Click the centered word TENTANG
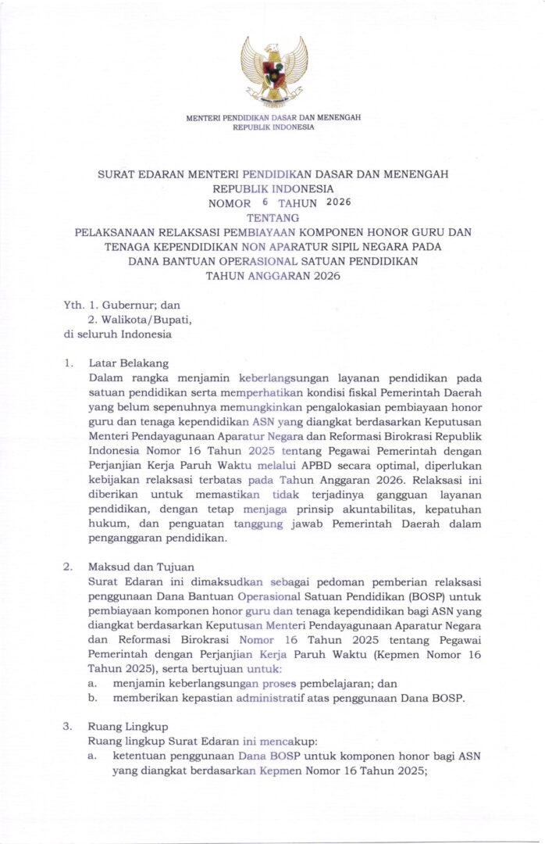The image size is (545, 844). [272, 217]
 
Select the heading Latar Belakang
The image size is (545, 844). [128, 363]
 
